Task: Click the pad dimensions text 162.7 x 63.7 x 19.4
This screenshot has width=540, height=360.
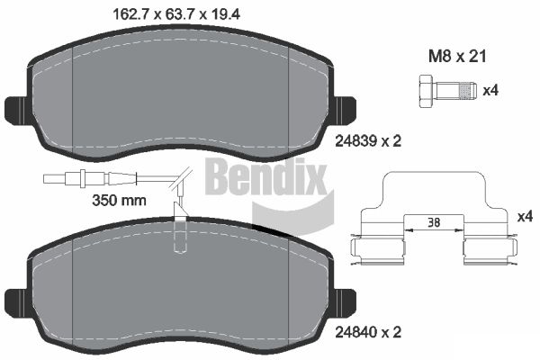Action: coord(176,14)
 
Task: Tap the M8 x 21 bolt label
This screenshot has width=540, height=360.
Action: coord(457,56)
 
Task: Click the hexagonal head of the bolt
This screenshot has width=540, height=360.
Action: coord(427,91)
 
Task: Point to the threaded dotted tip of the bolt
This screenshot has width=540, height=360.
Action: coord(469,91)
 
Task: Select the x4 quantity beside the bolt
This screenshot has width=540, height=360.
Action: coord(490,91)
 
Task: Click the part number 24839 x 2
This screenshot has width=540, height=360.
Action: coord(368,141)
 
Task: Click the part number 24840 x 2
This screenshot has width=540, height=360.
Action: coord(368,332)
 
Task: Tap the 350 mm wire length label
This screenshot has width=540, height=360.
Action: coord(119,200)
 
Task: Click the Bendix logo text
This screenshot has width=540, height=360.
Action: coord(265,177)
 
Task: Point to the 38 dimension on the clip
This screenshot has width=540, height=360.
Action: coord(434,222)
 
